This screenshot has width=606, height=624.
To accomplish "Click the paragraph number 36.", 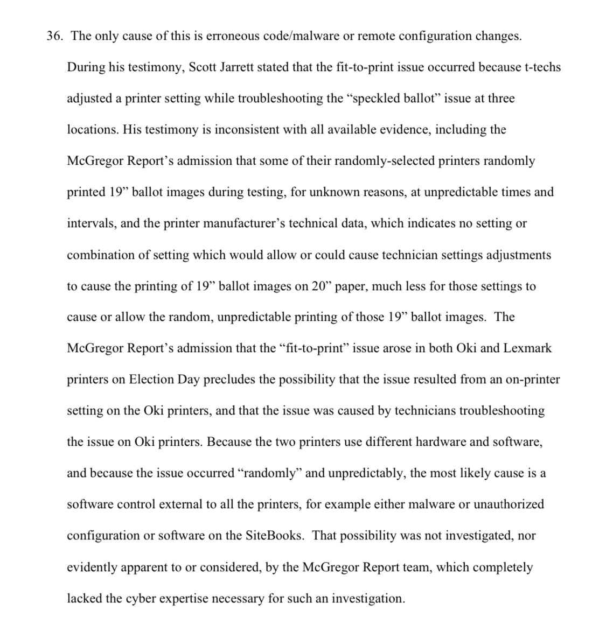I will [x=55, y=36].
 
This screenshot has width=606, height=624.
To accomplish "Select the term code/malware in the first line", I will [x=294, y=36].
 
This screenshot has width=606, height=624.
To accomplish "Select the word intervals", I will [x=90, y=223].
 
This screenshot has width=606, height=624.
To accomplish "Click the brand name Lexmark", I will [x=527, y=348].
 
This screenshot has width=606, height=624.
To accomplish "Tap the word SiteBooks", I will [x=274, y=536].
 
